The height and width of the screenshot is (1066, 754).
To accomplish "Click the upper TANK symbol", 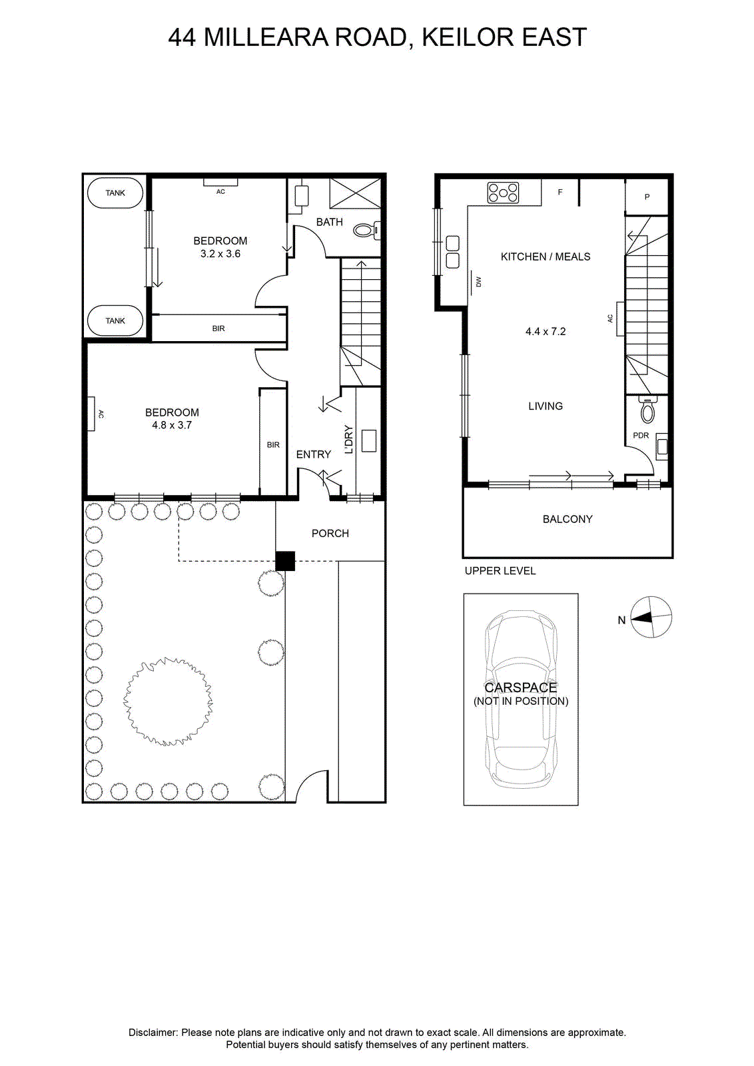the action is [115, 193].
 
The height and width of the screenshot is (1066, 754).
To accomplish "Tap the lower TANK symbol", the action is [115, 320].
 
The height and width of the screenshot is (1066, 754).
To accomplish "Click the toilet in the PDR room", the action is [647, 409].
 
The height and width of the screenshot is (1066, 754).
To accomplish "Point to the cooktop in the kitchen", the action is [503, 193].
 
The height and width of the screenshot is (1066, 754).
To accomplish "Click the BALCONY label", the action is [567, 519].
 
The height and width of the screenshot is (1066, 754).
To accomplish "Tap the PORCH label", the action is [330, 534].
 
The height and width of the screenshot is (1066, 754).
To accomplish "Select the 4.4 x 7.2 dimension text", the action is [546, 332].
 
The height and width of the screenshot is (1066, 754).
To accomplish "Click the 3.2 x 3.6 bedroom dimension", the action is [220, 254].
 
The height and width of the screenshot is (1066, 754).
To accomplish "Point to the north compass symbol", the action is [651, 617].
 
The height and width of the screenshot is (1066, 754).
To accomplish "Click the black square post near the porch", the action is [285, 561].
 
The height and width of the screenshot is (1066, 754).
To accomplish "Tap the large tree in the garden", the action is [168, 702].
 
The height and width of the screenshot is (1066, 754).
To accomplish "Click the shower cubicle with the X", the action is [356, 193].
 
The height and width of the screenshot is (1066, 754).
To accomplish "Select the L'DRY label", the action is [349, 439].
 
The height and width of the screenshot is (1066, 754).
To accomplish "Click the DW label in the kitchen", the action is [478, 282].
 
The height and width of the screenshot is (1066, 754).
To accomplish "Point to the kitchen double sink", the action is [452, 253].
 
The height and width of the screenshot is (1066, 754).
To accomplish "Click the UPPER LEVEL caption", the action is [500, 570].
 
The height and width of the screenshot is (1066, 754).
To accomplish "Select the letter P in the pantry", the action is [647, 197].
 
